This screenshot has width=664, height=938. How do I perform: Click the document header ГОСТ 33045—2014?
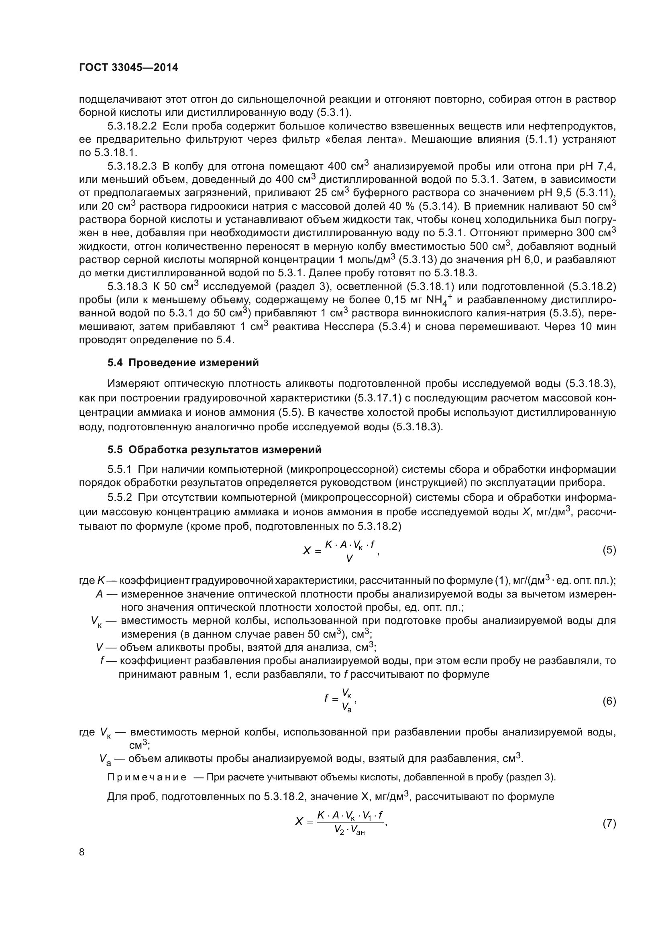128,68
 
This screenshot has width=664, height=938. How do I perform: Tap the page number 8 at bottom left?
82,852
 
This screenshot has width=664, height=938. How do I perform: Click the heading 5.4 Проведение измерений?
183,363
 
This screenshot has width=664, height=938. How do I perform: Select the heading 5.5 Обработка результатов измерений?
214,450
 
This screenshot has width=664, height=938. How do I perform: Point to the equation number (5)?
609,550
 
